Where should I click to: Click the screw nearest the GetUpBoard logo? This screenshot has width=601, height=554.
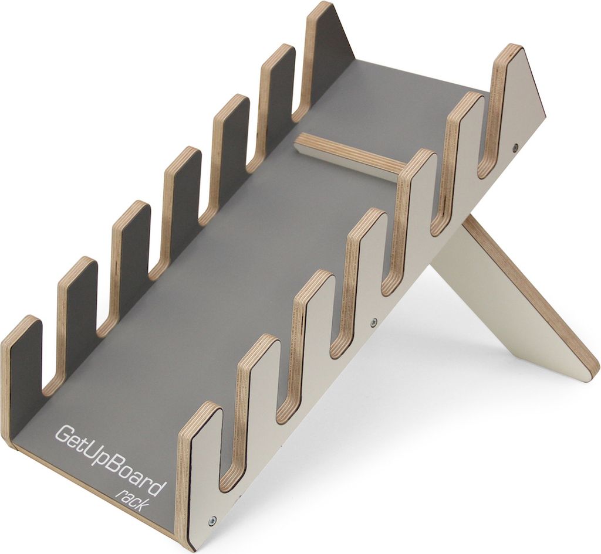pos(212,520)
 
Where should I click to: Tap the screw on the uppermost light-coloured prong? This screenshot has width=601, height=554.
pos(516,147)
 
